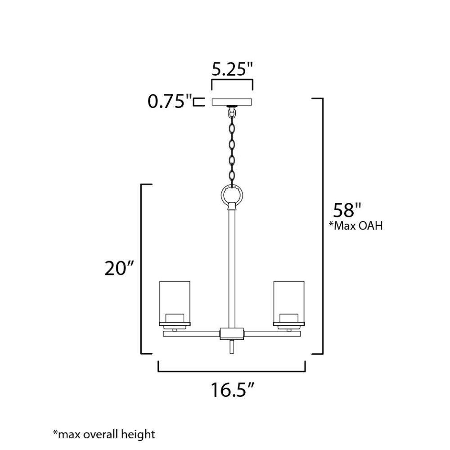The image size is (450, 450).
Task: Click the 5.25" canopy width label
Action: [x=233, y=69]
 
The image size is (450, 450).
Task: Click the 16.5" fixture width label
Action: [x=233, y=390]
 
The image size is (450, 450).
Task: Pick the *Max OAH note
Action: [x=356, y=226]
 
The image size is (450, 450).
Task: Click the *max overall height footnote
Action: [x=104, y=434]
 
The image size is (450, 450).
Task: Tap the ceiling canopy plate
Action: [x=232, y=102]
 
